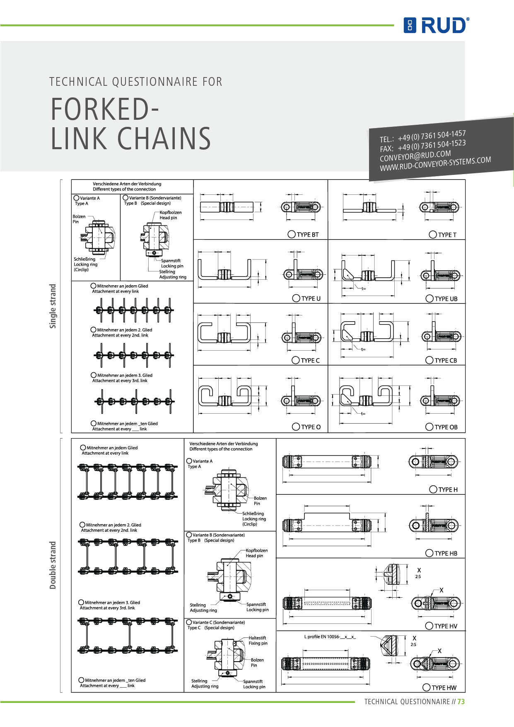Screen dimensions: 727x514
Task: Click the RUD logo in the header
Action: coord(437,25)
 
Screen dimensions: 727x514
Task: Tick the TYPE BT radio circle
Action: coord(292,235)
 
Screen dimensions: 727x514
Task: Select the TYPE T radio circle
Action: coord(433,235)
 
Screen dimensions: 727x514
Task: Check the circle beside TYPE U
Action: coord(296,298)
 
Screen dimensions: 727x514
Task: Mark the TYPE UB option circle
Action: coord(430,298)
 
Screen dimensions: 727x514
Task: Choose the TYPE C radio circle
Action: coord(296,360)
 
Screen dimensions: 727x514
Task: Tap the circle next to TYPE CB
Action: coord(430,360)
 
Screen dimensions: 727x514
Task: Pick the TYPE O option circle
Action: coord(296,427)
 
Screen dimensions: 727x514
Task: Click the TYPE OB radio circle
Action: coord(430,427)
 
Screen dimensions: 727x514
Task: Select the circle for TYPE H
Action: coord(433,490)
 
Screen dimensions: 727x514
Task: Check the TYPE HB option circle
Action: coord(430,553)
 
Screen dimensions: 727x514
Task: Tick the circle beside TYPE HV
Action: coord(430,626)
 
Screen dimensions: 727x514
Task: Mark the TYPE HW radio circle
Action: coord(426,688)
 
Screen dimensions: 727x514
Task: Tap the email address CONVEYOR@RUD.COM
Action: coord(415,156)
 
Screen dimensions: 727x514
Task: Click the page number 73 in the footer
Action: coord(461,702)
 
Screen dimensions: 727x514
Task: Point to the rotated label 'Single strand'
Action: coord(53,306)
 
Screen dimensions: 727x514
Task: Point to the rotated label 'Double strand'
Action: coord(53,565)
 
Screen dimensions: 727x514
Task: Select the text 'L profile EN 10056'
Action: coord(322,637)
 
